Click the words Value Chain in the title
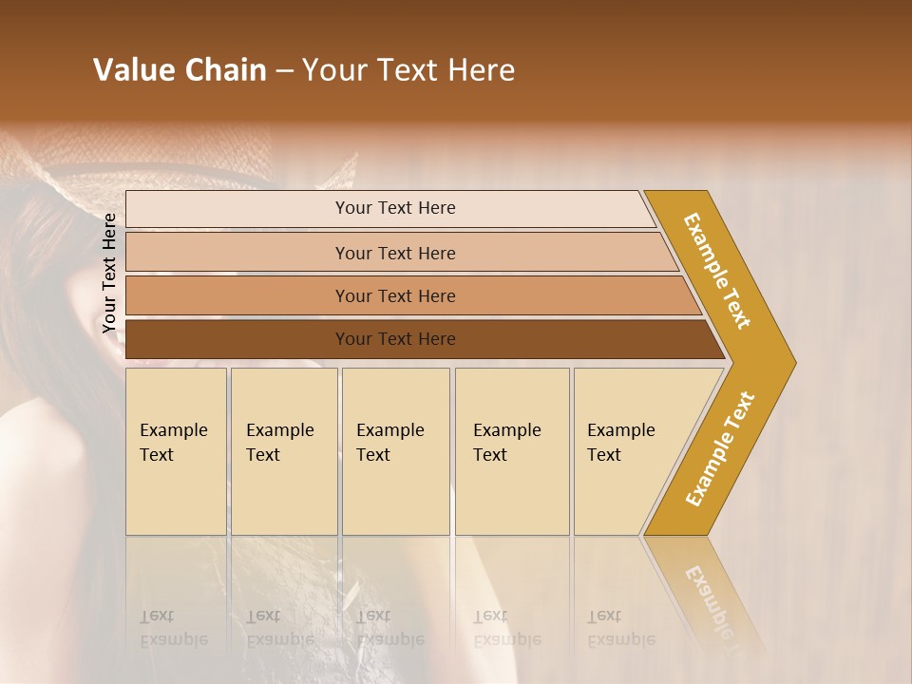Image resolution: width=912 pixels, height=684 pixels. tap(180, 70)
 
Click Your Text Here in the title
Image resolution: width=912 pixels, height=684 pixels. tap(408, 70)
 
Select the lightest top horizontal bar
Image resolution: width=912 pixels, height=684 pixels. tap(389, 208)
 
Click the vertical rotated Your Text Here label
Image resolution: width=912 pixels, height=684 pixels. tap(110, 274)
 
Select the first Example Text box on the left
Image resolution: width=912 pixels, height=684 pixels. tap(176, 451)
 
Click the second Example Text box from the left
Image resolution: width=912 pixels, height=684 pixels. tap(283, 451)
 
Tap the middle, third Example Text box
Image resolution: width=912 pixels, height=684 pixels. tap(394, 451)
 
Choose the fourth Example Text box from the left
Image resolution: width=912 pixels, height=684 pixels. tap(511, 451)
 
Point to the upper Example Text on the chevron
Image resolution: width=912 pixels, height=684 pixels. tap(718, 271)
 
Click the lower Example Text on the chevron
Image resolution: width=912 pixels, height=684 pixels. tap(719, 448)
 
